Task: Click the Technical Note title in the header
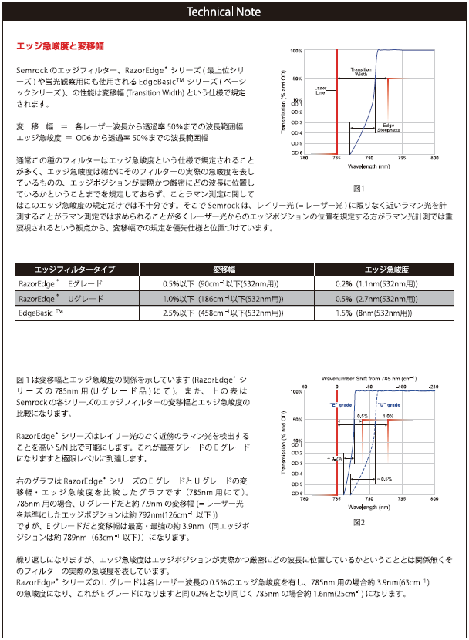point(234,12)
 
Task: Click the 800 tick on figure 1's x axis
point(435,157)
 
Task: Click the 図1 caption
point(358,188)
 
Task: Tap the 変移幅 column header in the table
point(224,270)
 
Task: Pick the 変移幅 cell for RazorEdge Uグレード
point(224,298)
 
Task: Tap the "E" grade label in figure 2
point(340,405)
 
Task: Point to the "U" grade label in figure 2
point(388,405)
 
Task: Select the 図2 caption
point(358,521)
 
